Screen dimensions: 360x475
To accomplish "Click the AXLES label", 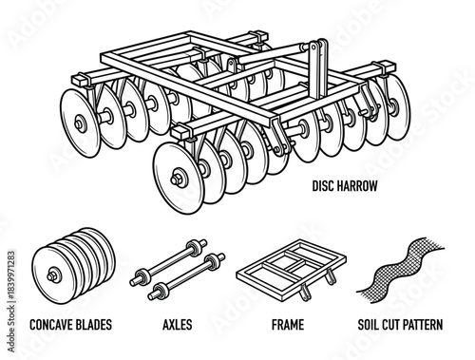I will [176, 325].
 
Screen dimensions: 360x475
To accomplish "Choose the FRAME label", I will [287, 325].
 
